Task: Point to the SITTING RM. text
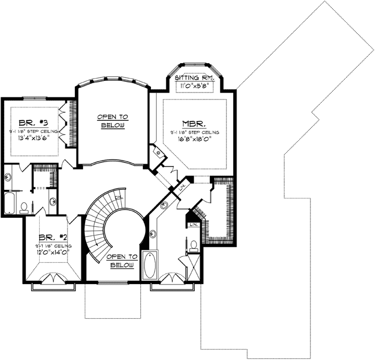pos(194,78)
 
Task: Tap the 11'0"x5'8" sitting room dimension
pos(194,86)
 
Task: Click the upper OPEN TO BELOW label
pos(112,121)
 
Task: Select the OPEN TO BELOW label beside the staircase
pos(122,261)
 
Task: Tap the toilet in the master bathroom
pos(194,246)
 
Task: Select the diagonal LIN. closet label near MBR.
pos(182,187)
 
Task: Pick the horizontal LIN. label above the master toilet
pos(193,225)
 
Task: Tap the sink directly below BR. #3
pos(9,176)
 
